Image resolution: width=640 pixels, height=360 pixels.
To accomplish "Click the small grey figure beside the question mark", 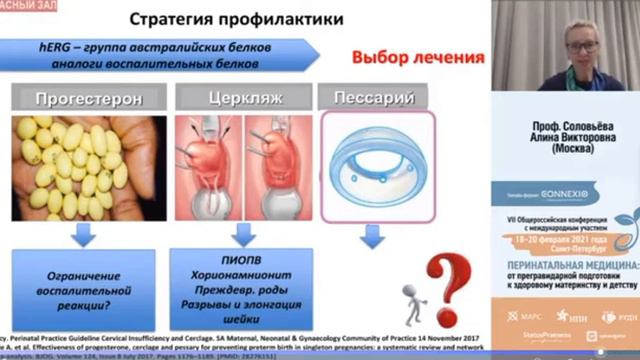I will [411, 299].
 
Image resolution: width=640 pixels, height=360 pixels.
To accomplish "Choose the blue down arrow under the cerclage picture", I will [239, 236].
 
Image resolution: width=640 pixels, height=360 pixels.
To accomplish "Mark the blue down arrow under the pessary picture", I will [374, 237].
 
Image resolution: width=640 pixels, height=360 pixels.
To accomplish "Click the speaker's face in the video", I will [584, 40].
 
